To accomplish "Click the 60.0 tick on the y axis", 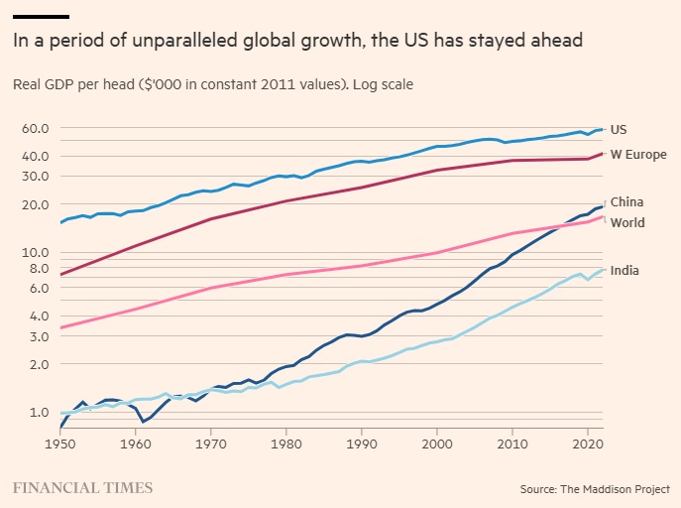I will pos(36,128).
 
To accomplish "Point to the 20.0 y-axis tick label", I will pos(36,204).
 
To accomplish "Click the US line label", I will pos(619,129).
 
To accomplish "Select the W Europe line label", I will pos(637,154).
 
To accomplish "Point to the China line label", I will pos(626,202).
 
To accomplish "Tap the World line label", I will pos(626,222).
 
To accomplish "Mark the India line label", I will pos(624,270).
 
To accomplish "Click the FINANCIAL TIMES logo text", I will pos(82,487).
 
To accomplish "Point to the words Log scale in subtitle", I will pos(383,84).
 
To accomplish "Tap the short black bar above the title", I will pos(41,16).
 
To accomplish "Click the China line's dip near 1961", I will pos(144,422).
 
